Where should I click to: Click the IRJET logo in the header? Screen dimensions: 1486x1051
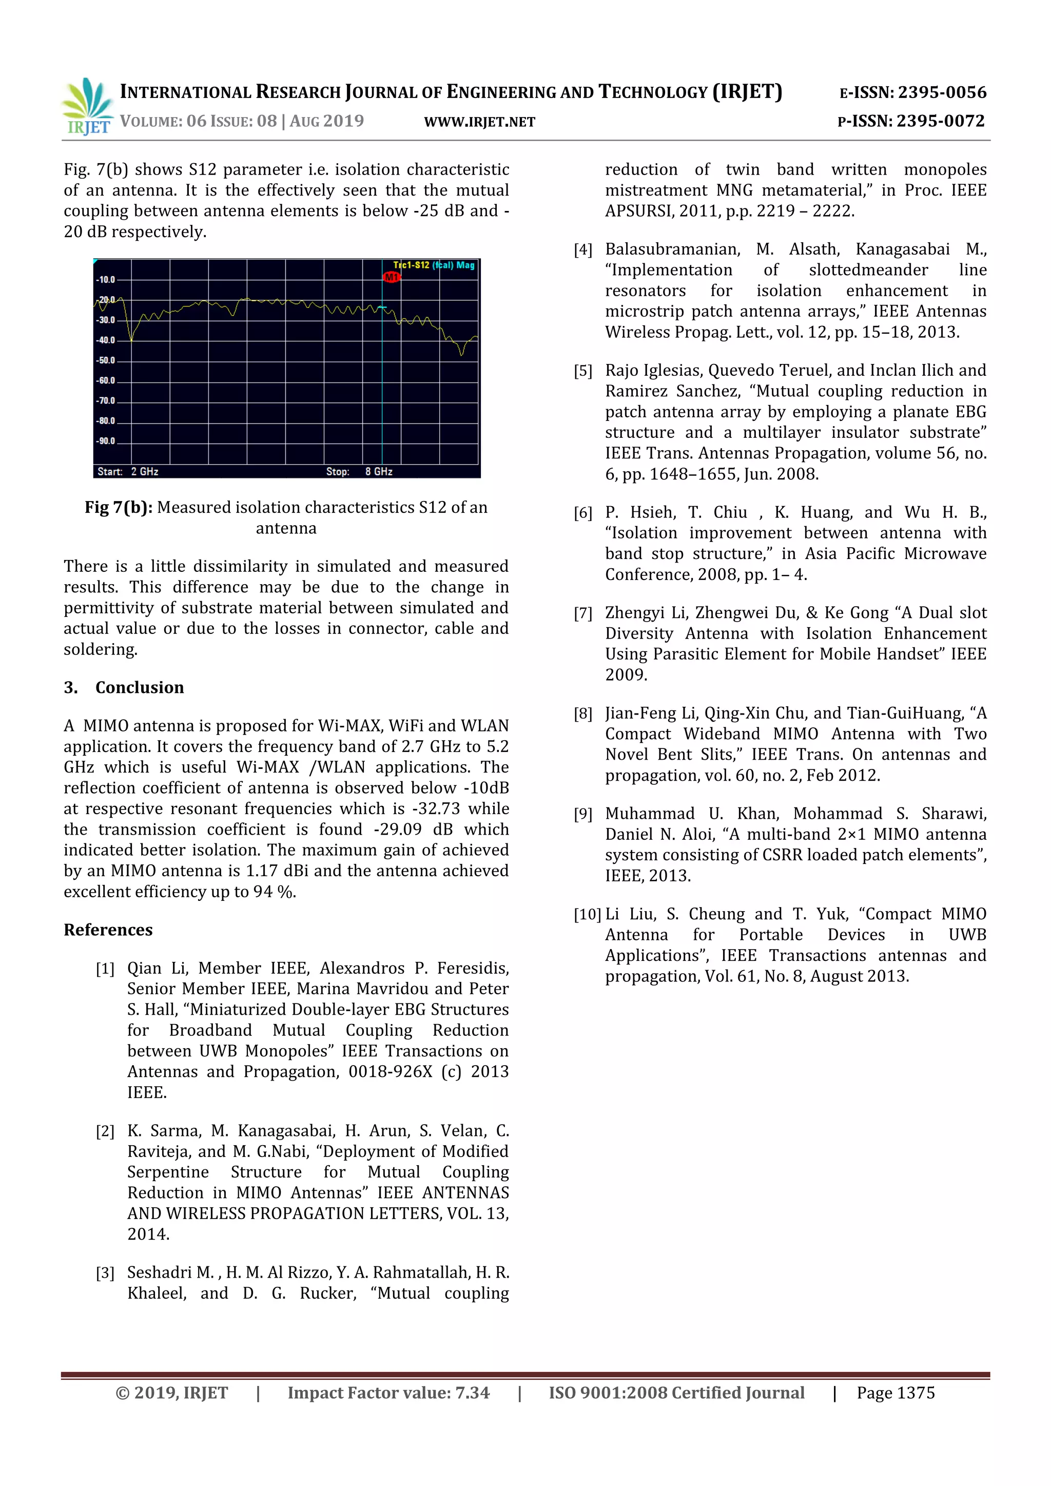pos(87,106)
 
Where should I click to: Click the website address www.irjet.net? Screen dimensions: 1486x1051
pos(479,122)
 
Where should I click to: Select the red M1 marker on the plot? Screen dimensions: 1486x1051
pos(392,277)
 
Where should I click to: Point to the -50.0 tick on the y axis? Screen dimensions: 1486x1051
pos(106,360)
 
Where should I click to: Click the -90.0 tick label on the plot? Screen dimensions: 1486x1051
pos(106,441)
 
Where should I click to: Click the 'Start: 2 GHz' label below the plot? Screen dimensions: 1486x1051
pos(127,471)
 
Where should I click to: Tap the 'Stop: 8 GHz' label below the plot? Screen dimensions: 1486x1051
pos(359,471)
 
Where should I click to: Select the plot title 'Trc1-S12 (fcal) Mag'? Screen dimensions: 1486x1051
pos(434,265)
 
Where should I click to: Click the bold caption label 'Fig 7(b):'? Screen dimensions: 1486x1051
pos(119,508)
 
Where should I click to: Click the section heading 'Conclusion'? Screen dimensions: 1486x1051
pos(139,687)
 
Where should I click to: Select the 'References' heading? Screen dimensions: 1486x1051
pos(108,930)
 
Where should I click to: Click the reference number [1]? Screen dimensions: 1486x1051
pos(105,969)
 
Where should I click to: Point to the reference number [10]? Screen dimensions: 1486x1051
pos(587,915)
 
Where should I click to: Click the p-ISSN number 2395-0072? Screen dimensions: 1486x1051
pos(940,121)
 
